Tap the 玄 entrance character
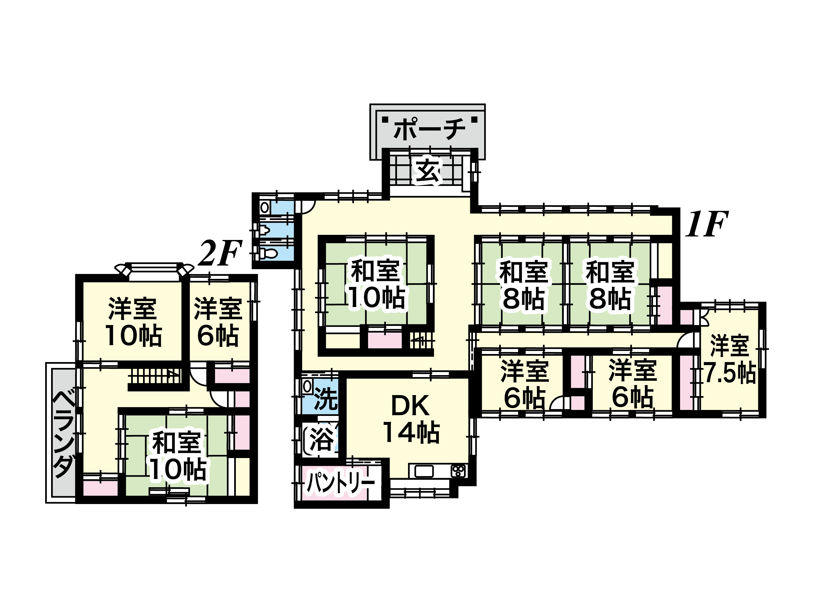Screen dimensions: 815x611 (x=428, y=171)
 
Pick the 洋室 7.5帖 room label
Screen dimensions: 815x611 (x=729, y=359)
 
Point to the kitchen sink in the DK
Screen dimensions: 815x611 (x=424, y=471)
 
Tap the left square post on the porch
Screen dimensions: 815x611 (x=385, y=119)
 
